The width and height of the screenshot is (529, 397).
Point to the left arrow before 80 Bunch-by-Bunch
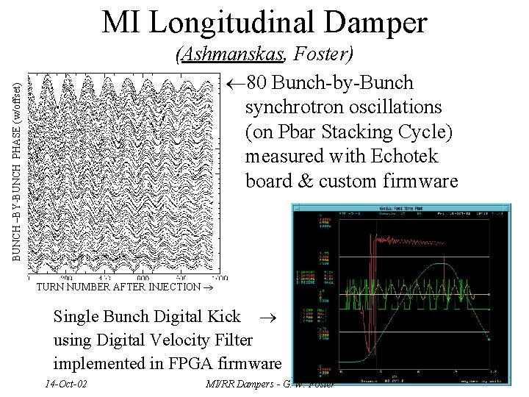coord(234,82)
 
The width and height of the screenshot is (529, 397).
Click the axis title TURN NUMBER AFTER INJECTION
coord(117,287)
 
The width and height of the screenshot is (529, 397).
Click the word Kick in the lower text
coord(223,317)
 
